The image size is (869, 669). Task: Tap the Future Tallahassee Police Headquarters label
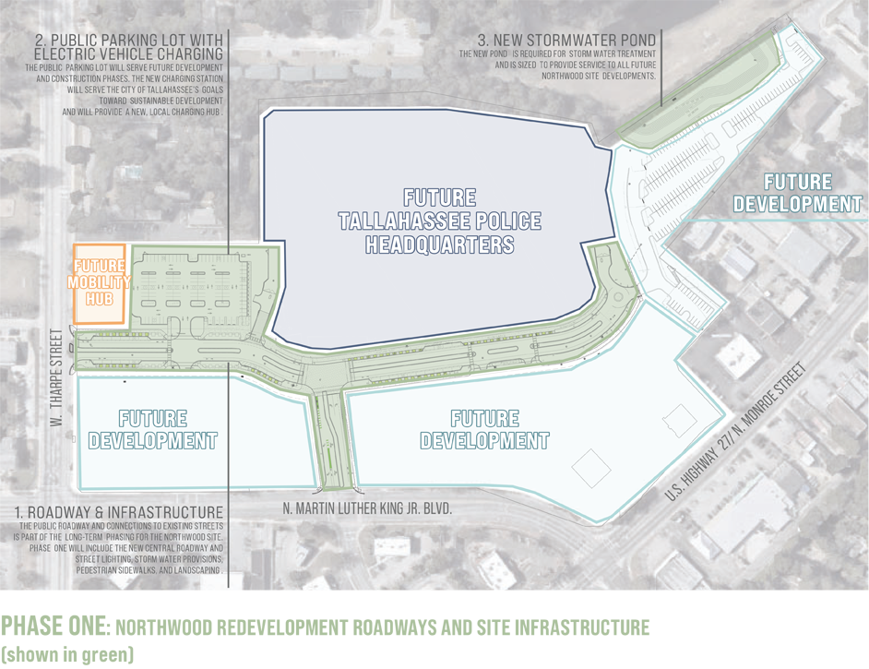(439, 221)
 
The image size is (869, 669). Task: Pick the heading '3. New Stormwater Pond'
(566, 40)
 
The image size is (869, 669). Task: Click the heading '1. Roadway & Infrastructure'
(118, 512)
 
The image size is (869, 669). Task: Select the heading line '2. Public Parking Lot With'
(129, 41)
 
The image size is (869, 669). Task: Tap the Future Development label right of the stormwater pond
(798, 193)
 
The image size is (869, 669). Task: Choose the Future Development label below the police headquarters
(484, 430)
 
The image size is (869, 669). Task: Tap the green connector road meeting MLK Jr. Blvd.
(328, 438)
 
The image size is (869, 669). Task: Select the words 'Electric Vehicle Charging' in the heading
(128, 54)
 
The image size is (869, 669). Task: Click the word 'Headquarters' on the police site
(439, 245)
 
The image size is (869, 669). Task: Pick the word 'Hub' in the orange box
(100, 296)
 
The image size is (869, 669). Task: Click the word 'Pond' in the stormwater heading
(636, 40)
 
